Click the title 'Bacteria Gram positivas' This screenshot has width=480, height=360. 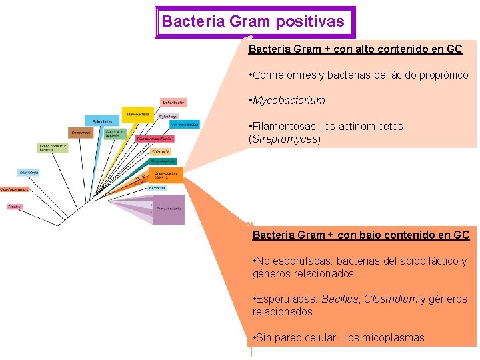253,21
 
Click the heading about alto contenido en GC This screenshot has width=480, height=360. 355,49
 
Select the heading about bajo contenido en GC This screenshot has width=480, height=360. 361,235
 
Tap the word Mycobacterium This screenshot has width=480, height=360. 289,101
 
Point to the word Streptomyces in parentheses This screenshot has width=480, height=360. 285,139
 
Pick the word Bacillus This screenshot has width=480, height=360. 340,299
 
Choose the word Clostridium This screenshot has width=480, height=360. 391,299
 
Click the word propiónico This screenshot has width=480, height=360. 443,75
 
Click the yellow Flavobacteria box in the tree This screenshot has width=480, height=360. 137,114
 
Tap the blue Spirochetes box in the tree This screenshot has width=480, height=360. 102,121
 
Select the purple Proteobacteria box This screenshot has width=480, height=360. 169,209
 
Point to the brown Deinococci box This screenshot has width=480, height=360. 81,133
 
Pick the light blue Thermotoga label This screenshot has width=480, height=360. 28,172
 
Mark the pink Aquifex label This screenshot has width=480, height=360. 15,207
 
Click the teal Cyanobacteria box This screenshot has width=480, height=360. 163,161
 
